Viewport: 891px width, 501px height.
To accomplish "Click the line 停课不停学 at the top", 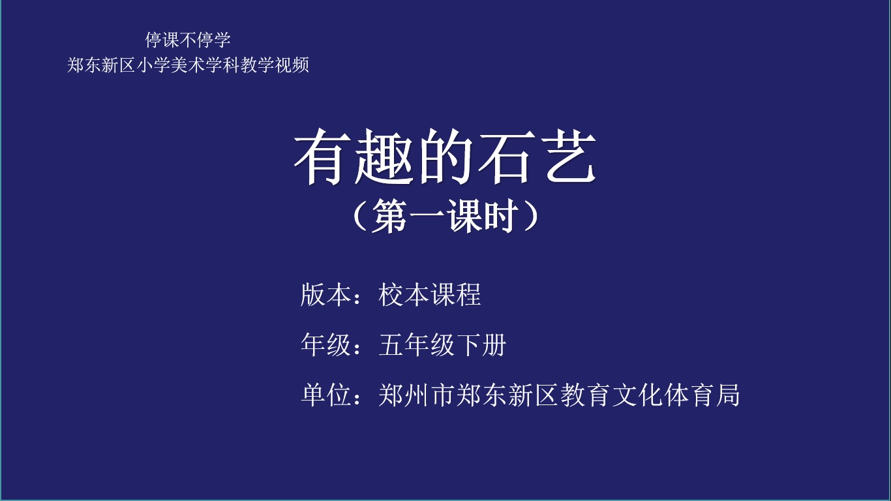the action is (x=188, y=40).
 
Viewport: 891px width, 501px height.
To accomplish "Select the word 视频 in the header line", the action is (x=292, y=65).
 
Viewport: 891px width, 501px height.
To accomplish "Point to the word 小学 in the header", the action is (x=153, y=65).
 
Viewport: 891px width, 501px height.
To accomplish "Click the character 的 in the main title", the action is (x=444, y=157).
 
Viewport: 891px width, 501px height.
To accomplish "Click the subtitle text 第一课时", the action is (x=445, y=216).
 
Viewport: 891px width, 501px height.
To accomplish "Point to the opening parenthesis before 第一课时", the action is (x=360, y=216).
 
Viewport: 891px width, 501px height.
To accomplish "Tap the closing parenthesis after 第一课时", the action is (x=532, y=216).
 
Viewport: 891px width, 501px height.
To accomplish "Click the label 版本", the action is (x=325, y=295).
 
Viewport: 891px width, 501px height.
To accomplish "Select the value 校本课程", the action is (x=430, y=295).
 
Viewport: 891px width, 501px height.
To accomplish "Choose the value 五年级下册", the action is (x=443, y=344).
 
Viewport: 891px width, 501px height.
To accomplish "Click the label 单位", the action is (x=325, y=395).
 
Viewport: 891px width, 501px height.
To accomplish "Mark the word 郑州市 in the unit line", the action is (x=417, y=395).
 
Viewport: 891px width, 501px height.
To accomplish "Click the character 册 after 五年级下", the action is (x=494, y=344).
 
